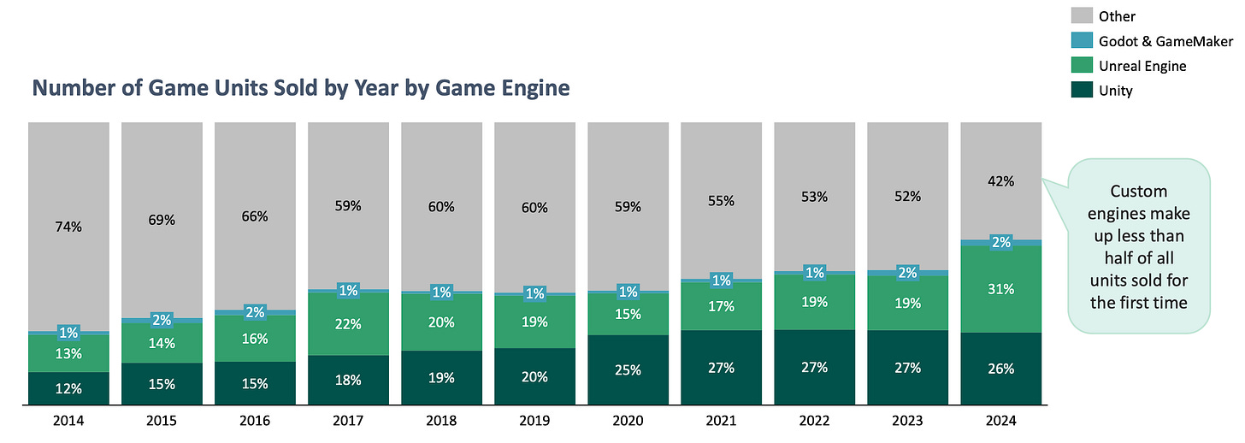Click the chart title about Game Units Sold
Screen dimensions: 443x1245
point(301,88)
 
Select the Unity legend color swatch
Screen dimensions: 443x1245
point(1083,91)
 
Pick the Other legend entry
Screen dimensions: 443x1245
point(1118,16)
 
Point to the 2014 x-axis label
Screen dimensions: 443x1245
point(68,422)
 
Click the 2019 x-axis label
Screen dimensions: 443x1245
point(534,422)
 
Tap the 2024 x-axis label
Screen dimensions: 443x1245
point(1000,422)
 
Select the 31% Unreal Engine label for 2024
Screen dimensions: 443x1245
point(1001,289)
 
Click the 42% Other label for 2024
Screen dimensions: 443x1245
point(1001,181)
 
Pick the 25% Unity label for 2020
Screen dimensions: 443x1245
point(628,369)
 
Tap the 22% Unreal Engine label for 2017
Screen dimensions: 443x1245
point(348,324)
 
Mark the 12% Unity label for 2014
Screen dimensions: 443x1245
point(68,388)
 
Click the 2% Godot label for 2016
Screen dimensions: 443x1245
point(255,312)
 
